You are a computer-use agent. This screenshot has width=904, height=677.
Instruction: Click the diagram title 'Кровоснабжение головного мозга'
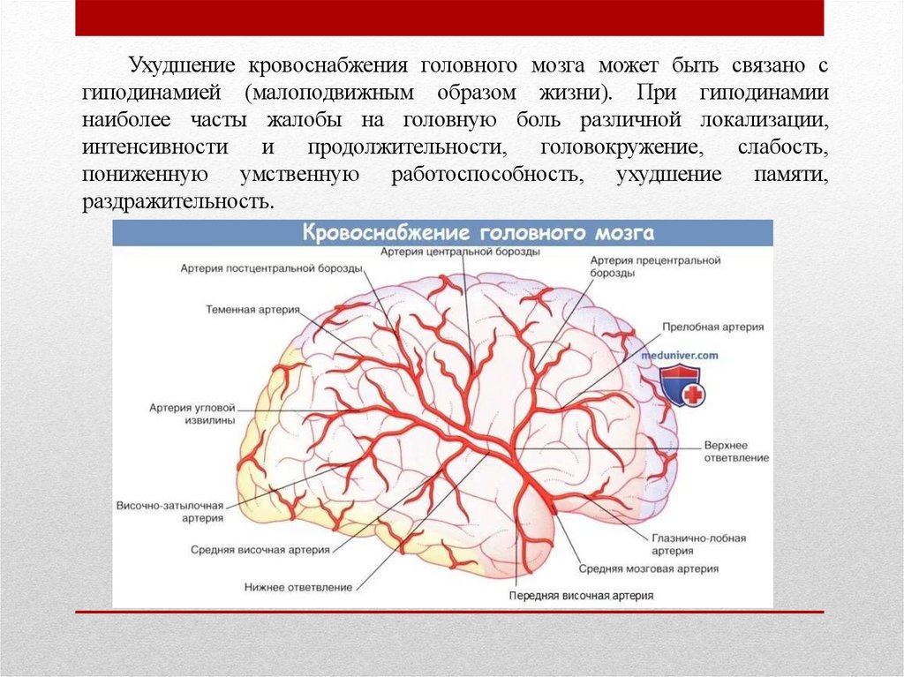coord(478,234)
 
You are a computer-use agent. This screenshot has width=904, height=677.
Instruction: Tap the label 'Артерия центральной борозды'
coord(460,252)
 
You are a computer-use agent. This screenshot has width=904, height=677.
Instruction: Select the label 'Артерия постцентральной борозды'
coord(270,267)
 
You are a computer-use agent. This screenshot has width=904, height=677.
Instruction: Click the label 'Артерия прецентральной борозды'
coord(655,267)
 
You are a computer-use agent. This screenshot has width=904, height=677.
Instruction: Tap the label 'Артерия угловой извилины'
coord(192,415)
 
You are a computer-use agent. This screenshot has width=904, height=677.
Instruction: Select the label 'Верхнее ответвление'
coord(736,451)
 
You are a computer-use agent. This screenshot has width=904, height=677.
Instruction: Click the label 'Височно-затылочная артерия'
coord(169,513)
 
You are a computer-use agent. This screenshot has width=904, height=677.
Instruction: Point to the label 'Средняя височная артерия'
coord(260,549)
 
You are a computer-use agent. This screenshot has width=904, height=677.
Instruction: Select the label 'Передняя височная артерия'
coord(581,595)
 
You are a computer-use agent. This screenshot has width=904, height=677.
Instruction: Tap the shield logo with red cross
coord(681,386)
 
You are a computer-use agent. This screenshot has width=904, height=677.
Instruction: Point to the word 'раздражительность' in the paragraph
coord(177,201)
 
